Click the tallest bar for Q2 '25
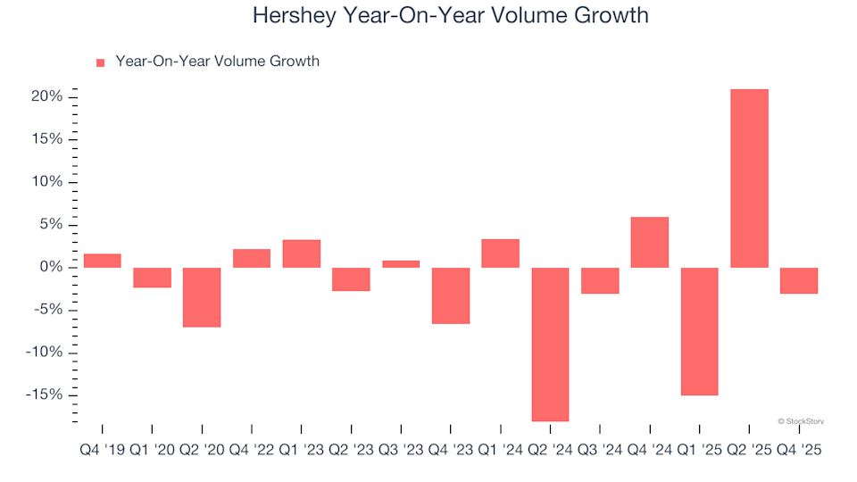[749, 179]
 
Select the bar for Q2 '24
[550, 344]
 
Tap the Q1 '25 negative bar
[699, 331]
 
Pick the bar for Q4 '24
[650, 242]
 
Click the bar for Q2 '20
[202, 297]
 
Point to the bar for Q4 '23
[451, 295]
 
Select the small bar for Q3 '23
[401, 264]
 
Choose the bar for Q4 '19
[103, 261]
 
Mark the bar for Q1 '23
[302, 253]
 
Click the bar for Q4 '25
[799, 280]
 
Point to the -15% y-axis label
[43, 395]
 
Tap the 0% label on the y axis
[50, 268]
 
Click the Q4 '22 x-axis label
[252, 451]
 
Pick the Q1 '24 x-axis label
[500, 451]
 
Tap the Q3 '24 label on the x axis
[600, 451]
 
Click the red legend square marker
[100, 62]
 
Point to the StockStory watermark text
[801, 420]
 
